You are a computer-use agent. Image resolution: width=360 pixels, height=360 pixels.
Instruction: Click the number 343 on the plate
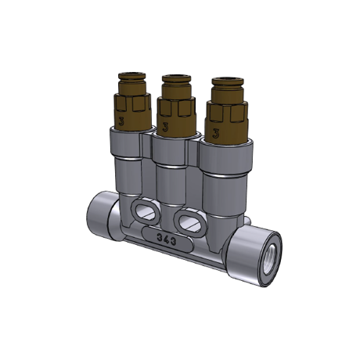(x=167, y=239)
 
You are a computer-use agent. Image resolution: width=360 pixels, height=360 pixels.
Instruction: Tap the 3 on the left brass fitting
(x=121, y=121)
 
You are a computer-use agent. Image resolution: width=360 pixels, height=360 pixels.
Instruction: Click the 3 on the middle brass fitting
(x=164, y=127)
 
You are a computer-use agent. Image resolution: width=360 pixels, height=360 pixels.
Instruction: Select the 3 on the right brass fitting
(x=215, y=134)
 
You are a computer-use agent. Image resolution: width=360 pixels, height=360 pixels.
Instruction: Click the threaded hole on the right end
(x=270, y=259)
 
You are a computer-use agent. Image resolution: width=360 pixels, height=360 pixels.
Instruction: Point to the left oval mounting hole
(x=145, y=211)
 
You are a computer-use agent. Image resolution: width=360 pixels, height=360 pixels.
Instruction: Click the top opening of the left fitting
(x=131, y=74)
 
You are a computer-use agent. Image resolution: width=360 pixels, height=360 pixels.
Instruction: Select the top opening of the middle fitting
(x=176, y=77)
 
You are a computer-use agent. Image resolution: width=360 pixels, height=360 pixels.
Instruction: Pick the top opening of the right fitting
(x=228, y=79)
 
